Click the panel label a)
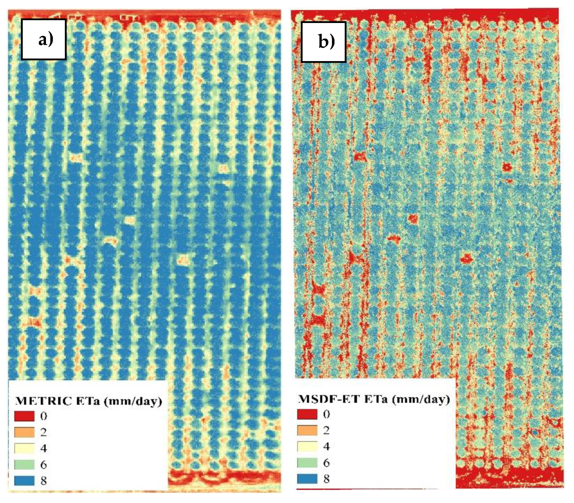(45, 39)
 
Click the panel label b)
(326, 42)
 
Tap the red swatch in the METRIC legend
(24, 416)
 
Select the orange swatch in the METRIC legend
(24, 432)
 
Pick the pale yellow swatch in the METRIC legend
(24, 448)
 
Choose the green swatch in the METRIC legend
(24, 464)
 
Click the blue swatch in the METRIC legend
(24, 481)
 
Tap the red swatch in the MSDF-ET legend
(307, 414)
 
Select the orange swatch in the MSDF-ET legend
(307, 430)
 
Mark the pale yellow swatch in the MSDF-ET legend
(307, 446)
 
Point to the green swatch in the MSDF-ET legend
(307, 463)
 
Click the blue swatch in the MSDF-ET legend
(307, 479)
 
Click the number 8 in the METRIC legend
(43, 481)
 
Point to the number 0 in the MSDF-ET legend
(326, 414)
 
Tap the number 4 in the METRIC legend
(43, 448)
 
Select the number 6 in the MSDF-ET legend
(326, 463)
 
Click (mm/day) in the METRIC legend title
(133, 401)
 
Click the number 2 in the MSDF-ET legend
(326, 430)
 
